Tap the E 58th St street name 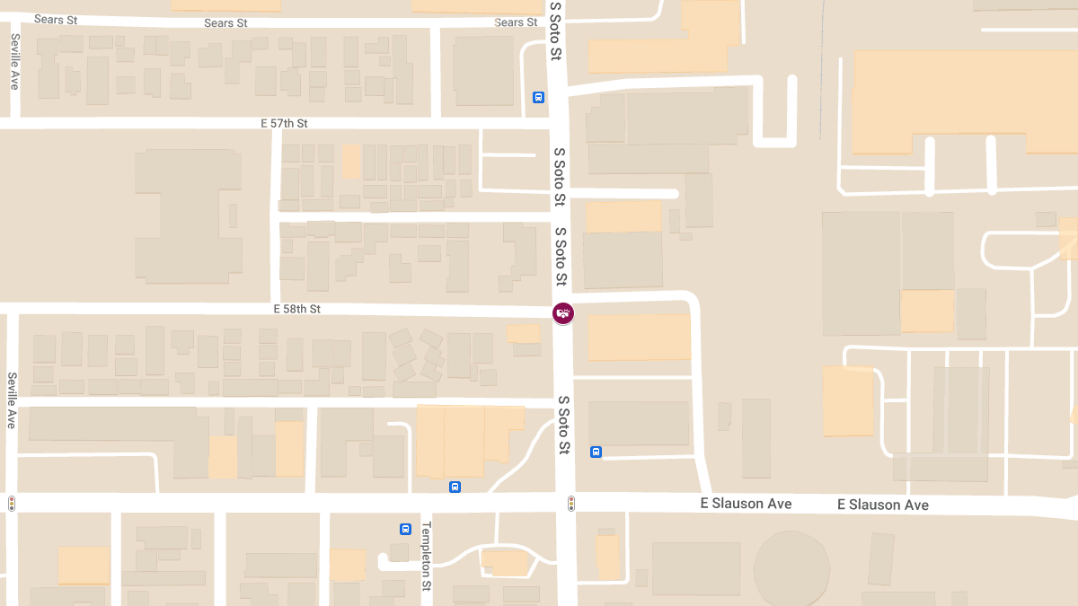point(297,309)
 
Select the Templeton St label point(427,556)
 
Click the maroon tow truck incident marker point(563,313)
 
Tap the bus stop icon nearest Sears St point(538,98)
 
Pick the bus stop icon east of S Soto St point(596,452)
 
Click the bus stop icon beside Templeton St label point(405,530)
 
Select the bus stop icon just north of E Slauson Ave point(455,487)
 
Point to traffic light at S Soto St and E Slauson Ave point(570,504)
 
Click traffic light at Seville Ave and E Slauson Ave point(12,504)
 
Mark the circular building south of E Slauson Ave point(791,567)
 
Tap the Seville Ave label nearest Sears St point(15,61)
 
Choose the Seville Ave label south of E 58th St point(12,400)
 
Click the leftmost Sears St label point(56,19)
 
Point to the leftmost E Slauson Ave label point(746,504)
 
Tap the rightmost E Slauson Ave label point(882,505)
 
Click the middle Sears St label point(225,23)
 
